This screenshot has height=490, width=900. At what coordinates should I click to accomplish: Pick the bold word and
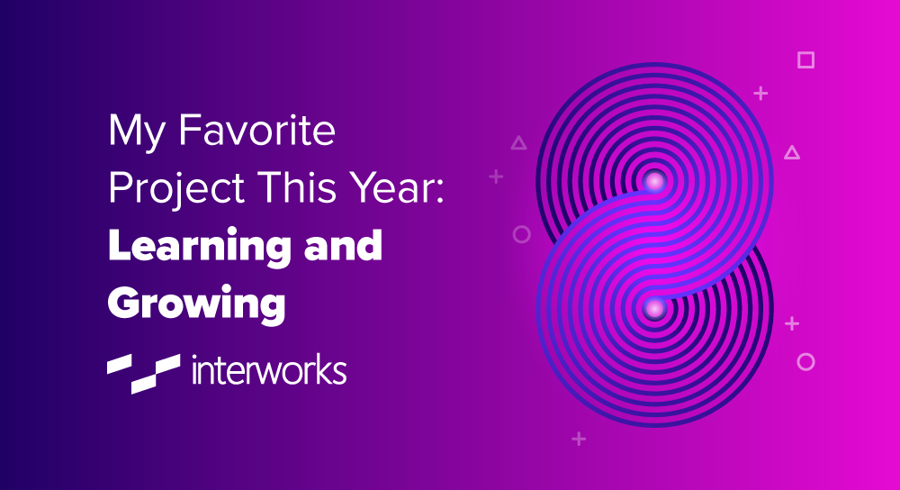345,245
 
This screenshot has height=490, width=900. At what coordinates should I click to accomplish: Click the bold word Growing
196,304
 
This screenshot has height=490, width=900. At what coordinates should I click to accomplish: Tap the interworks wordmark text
269,369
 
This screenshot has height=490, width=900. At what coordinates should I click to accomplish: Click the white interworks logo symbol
142,371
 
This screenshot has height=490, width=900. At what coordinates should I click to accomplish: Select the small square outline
805,60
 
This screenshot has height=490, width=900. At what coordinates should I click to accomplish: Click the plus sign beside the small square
760,93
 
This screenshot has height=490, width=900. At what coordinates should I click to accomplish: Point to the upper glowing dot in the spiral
654,181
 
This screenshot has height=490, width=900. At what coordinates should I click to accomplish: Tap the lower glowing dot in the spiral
654,308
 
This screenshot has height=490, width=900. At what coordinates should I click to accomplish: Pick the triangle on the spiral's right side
792,153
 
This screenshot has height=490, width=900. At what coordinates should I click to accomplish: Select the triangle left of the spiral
518,142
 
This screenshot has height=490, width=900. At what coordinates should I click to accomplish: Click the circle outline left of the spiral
521,234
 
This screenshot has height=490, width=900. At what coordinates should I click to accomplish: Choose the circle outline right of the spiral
805,362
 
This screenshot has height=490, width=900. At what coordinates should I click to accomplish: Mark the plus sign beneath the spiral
579,439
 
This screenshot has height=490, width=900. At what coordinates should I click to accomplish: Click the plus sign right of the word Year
496,177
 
